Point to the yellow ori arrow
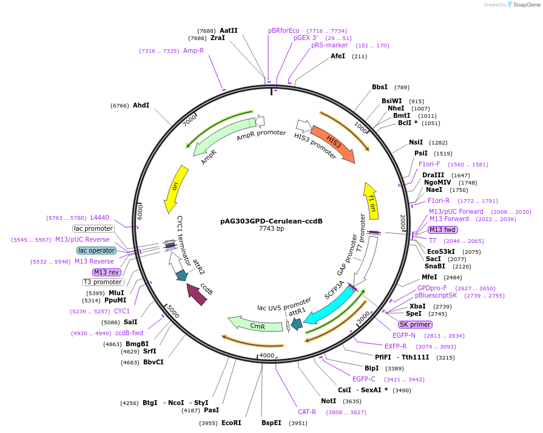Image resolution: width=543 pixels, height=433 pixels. pos(175,188)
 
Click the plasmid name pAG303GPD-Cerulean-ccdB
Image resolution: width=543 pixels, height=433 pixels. pos(271,221)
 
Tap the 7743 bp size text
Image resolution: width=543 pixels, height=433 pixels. pos(271,229)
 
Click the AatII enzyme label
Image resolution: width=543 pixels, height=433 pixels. pos(229,30)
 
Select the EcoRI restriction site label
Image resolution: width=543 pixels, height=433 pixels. pos(231,423)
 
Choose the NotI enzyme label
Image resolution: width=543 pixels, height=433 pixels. pos(328,401)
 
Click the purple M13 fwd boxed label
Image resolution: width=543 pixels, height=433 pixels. pos(442,230)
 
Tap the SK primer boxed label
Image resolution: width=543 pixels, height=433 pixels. pos(415,324)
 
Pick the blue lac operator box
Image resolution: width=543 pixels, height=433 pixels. pos(96,250)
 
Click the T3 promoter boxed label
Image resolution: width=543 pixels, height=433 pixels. pos(103,282)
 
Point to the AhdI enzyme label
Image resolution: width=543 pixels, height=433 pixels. pos(141,105)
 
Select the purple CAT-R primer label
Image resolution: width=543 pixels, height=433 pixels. pos(306,412)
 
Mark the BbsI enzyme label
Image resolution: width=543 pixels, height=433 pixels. pos(380,87)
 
